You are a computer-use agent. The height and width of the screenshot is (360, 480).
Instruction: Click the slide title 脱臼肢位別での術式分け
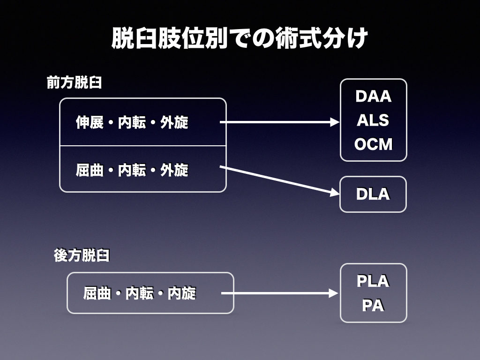(x=240, y=38)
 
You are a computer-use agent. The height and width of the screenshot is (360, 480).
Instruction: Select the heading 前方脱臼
(x=75, y=83)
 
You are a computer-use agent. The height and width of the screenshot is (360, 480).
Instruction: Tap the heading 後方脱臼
(x=82, y=255)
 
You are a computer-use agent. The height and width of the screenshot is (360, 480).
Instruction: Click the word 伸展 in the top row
(x=90, y=122)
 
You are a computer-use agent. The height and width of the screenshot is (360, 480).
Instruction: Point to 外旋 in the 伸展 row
(x=174, y=122)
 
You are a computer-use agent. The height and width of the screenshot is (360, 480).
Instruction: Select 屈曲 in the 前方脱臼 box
(x=90, y=170)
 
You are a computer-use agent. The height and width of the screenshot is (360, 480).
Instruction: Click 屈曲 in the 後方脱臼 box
(x=97, y=293)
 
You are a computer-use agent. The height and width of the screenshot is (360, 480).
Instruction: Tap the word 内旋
(x=182, y=293)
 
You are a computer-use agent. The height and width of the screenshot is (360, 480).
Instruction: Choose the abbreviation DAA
(x=373, y=97)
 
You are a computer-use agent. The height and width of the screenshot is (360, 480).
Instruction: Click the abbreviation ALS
(x=373, y=120)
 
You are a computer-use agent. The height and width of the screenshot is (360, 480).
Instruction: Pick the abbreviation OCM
(x=373, y=144)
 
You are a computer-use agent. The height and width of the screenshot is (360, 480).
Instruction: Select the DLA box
(x=373, y=194)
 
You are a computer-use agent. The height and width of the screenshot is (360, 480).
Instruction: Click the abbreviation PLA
(x=373, y=281)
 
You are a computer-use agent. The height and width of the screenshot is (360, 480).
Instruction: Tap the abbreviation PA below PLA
(x=373, y=306)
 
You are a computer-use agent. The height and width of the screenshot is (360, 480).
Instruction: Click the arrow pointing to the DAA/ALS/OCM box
(x=279, y=122)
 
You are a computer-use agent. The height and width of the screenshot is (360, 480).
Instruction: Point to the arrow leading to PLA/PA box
(x=279, y=293)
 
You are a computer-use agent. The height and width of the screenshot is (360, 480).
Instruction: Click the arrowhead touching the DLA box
(x=335, y=193)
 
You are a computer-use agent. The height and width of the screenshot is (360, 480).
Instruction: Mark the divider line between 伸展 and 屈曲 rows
(x=143, y=146)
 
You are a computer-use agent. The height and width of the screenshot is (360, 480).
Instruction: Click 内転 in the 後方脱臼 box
(x=140, y=293)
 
